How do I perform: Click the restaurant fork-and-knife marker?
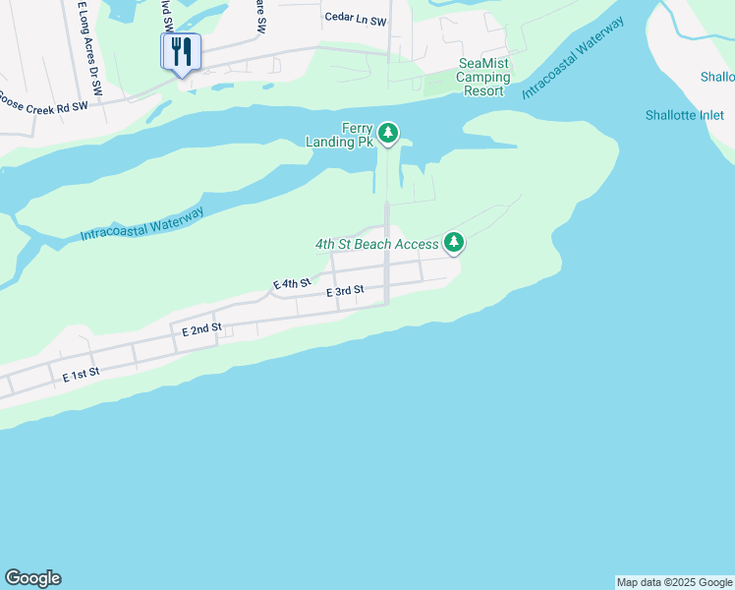(x=181, y=51)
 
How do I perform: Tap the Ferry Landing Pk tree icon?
(x=389, y=133)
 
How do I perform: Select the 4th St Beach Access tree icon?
(x=453, y=241)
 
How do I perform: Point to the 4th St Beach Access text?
(x=376, y=244)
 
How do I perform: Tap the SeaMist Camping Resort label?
(x=483, y=78)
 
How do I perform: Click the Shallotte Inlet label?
(x=684, y=115)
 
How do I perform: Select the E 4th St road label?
(x=291, y=284)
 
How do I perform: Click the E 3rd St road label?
(x=345, y=291)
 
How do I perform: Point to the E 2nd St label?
(x=201, y=329)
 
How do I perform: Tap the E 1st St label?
(x=82, y=376)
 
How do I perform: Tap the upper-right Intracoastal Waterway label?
(x=574, y=56)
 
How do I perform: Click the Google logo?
(x=32, y=578)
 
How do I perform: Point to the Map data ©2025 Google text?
(x=674, y=582)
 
